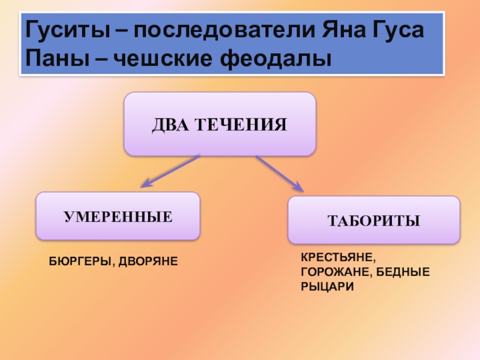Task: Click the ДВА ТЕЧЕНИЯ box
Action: (220, 124)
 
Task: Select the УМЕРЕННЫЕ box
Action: (118, 216)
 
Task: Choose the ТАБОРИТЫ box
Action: (374, 220)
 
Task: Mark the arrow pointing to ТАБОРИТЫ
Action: (280, 173)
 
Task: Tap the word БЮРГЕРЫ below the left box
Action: (78, 262)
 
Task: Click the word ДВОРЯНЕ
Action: (149, 262)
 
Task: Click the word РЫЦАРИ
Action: (327, 287)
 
